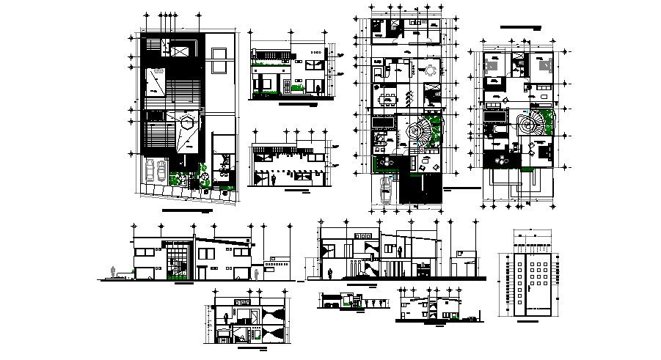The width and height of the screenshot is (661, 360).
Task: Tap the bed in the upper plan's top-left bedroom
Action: point(492,65)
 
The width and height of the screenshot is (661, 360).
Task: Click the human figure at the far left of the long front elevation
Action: point(112,272)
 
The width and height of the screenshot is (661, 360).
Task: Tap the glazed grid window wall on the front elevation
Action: point(177,260)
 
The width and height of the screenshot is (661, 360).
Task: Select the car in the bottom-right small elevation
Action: point(456,316)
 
